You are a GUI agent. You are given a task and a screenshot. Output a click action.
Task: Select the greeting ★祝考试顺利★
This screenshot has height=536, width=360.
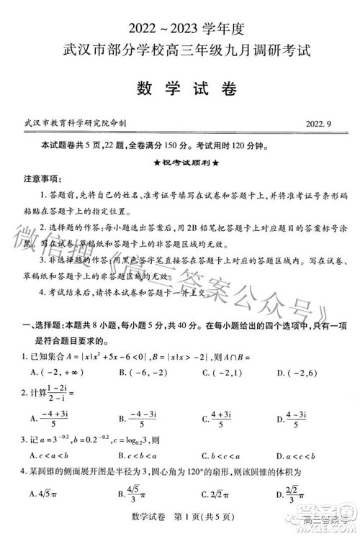pyautogui.click(x=181, y=162)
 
